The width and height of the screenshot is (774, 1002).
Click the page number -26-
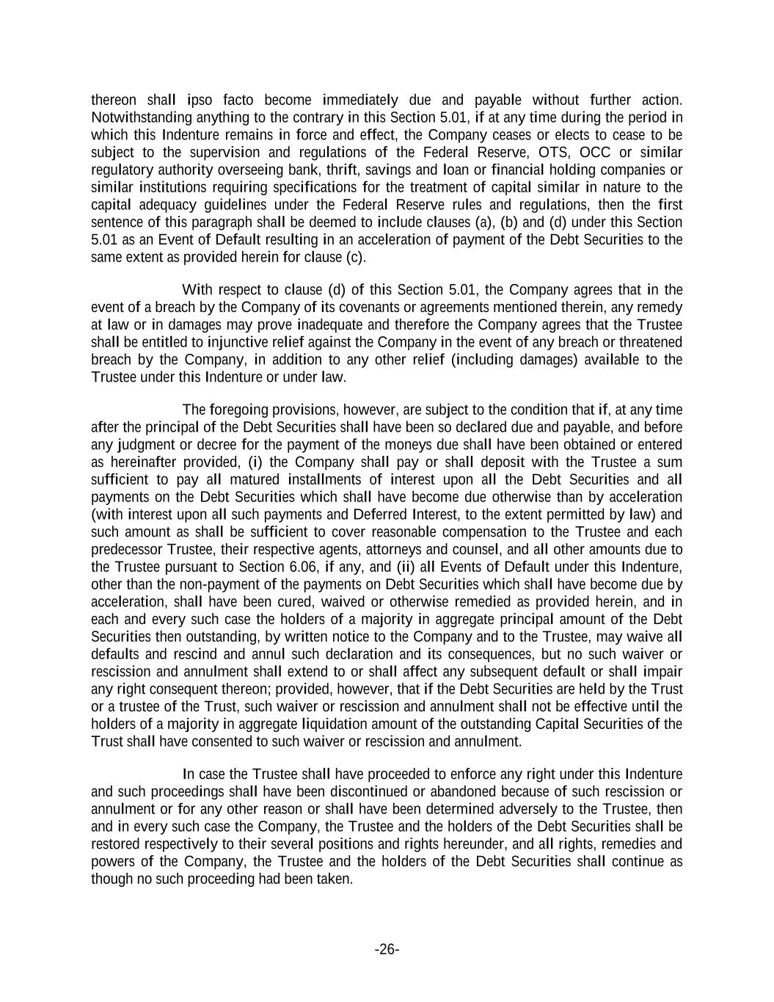[x=387, y=950]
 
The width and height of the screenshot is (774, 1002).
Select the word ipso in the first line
[x=200, y=100]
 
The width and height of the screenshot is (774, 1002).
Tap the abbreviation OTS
[x=552, y=153]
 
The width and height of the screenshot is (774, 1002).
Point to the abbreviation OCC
[x=595, y=153]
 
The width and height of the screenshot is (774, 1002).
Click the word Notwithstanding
[x=139, y=117]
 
